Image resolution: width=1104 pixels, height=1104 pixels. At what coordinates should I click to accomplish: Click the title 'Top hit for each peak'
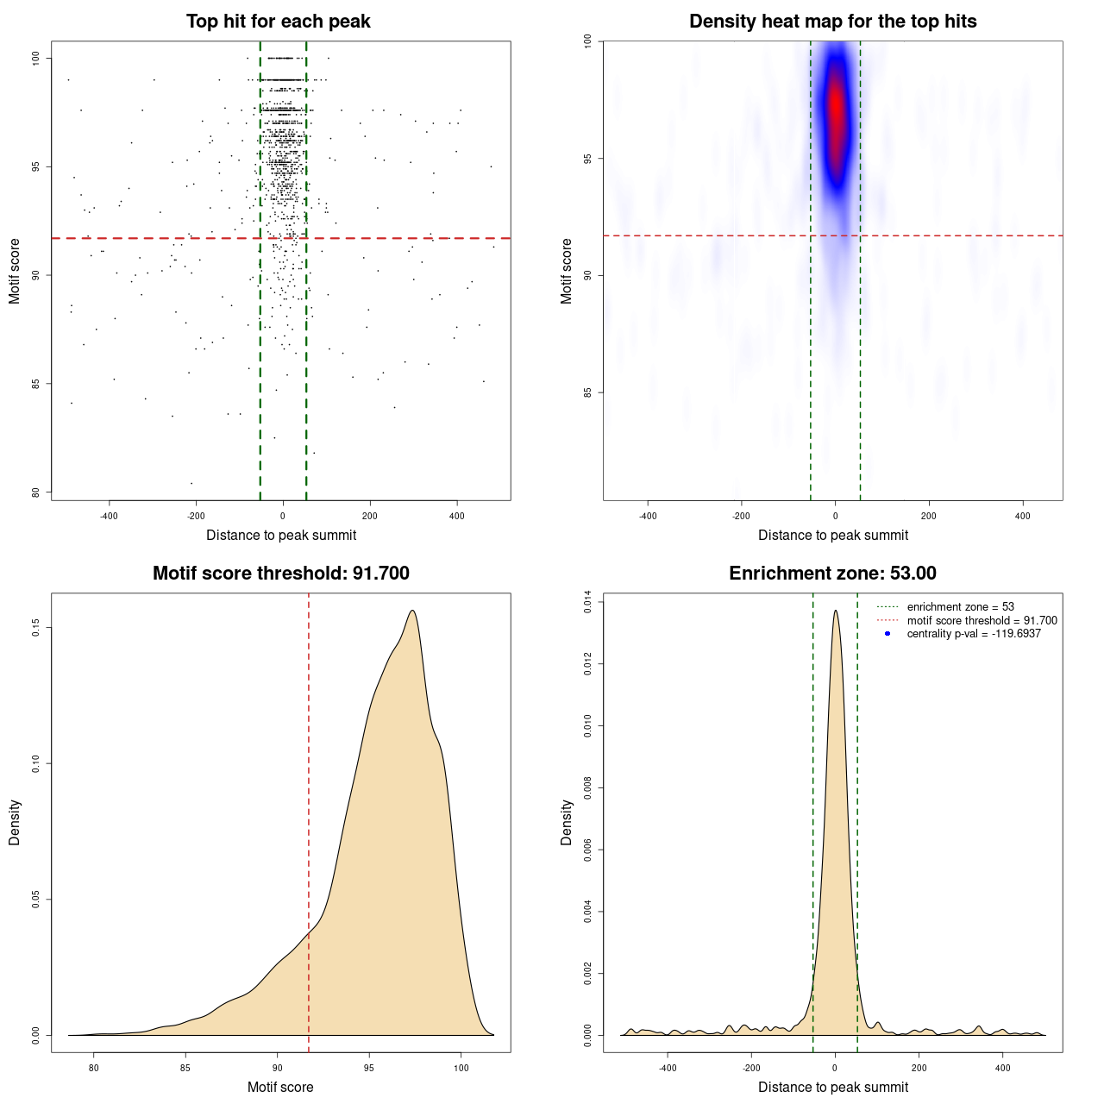point(279,22)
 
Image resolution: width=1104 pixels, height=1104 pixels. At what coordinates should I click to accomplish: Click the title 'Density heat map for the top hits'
point(832,22)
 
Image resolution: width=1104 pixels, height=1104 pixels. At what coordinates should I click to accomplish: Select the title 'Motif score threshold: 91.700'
point(280,574)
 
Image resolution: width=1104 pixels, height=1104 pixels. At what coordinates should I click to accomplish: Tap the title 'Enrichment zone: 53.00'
point(832,574)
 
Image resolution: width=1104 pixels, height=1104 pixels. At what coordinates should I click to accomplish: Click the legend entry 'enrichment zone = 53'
point(960,607)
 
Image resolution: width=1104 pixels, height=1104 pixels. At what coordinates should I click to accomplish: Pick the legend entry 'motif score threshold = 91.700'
point(982,620)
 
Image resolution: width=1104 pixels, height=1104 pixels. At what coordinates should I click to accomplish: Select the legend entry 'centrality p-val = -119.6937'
point(974,634)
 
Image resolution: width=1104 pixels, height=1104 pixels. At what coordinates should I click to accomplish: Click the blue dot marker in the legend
point(888,634)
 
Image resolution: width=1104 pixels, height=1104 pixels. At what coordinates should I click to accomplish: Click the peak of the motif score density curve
point(413,611)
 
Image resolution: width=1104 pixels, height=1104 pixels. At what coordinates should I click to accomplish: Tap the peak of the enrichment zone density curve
point(835,611)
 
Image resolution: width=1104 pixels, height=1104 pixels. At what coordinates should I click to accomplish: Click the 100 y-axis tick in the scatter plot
point(36,58)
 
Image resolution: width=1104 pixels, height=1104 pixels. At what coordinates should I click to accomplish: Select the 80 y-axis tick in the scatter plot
point(36,492)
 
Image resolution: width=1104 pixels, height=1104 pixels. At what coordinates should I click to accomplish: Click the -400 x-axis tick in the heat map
point(648,516)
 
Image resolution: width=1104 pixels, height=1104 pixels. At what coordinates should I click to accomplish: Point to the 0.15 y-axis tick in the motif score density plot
point(36,628)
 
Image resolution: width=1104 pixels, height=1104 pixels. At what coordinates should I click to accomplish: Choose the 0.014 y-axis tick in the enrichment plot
point(588,601)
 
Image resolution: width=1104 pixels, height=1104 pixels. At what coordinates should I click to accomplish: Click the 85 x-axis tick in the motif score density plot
point(185,1068)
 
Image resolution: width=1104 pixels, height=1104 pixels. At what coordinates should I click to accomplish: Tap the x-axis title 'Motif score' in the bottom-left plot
point(280,1087)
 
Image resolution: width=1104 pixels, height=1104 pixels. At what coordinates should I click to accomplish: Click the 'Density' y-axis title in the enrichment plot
point(567,822)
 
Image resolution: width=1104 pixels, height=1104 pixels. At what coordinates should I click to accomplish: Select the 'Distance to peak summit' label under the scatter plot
point(281,535)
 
